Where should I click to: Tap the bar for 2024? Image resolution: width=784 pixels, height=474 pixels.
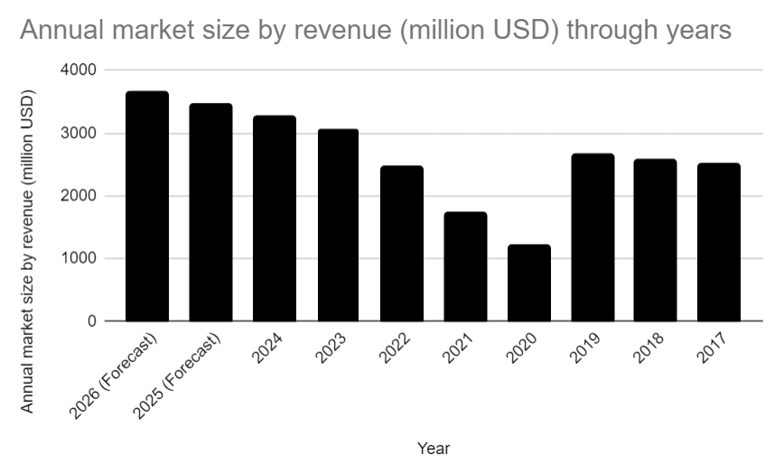(274, 218)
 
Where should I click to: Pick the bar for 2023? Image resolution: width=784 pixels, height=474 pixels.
(338, 225)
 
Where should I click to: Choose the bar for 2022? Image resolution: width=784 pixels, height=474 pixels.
(401, 244)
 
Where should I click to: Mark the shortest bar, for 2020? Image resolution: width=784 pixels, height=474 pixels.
(528, 283)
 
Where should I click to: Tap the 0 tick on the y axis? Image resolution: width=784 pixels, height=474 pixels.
(92, 321)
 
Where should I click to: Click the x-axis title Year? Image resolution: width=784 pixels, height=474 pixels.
(434, 448)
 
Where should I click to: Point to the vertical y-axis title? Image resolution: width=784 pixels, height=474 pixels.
(28, 250)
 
